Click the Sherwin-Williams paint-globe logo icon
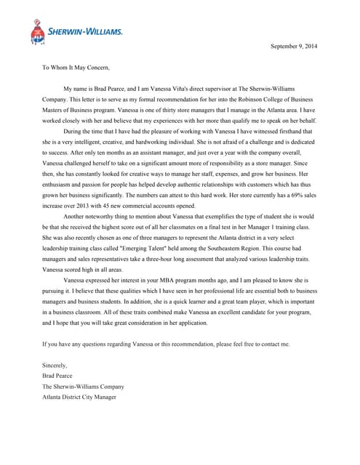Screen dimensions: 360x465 point(37,33)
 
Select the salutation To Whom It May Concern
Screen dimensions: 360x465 point(76,68)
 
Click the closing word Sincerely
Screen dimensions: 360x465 point(55,365)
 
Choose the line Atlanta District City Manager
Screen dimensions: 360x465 point(79,397)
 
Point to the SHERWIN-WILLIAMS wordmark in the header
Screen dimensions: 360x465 point(86,32)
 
